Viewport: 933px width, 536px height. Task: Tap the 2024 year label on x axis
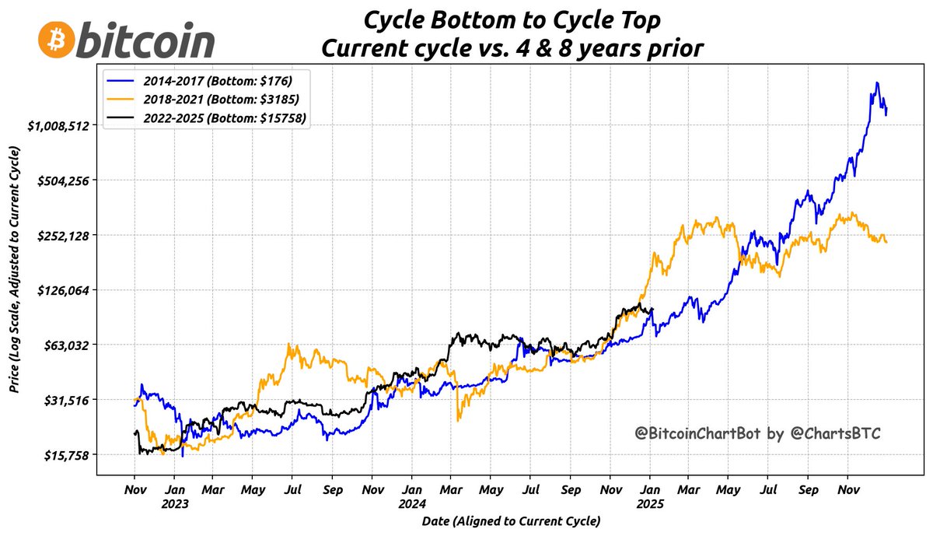413,503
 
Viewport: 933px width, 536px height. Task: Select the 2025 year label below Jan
651,503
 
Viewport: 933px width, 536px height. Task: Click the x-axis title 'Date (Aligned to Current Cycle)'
512,520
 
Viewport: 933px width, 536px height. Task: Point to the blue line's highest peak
877,82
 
